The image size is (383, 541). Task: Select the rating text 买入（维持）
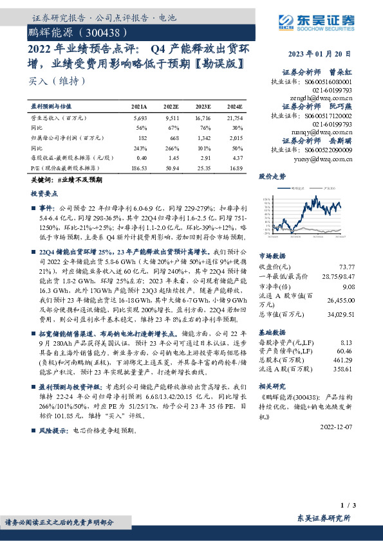(57, 81)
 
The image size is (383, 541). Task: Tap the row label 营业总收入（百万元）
(59, 119)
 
